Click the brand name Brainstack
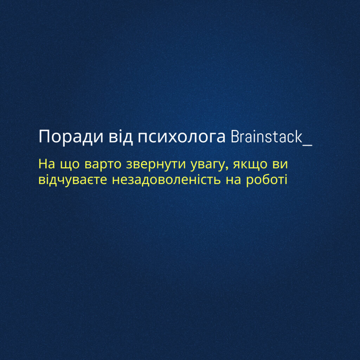(266, 137)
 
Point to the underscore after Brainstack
(308, 144)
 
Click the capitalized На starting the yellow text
(47, 164)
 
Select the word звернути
(156, 164)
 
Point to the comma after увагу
(227, 168)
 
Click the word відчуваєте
(73, 180)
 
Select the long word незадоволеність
(166, 180)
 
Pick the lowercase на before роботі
(233, 180)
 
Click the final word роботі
(266, 180)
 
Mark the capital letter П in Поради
(44, 136)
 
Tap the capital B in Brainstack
(235, 137)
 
